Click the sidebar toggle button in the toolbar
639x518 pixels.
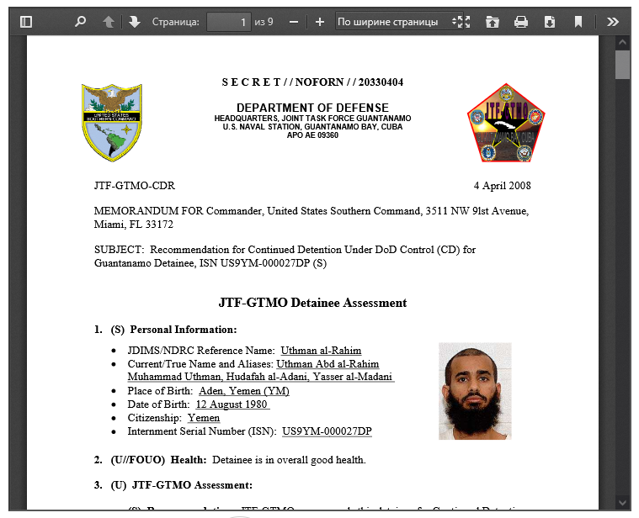point(26,22)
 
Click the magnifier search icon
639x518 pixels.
point(81,22)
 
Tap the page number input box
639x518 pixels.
point(228,22)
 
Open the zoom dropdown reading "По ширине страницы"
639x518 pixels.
point(398,22)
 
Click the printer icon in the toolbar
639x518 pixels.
point(521,22)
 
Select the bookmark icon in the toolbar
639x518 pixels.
point(578,22)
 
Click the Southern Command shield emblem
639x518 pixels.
point(117,123)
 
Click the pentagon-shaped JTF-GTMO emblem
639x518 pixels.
point(505,123)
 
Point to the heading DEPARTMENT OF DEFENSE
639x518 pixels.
point(312,108)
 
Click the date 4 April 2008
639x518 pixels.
point(502,186)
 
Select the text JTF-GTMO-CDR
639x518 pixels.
point(135,186)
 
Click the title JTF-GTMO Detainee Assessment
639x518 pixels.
point(312,303)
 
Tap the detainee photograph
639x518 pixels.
point(475,391)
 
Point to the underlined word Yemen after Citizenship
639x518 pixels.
point(204,418)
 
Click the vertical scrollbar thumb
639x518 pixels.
point(622,64)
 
